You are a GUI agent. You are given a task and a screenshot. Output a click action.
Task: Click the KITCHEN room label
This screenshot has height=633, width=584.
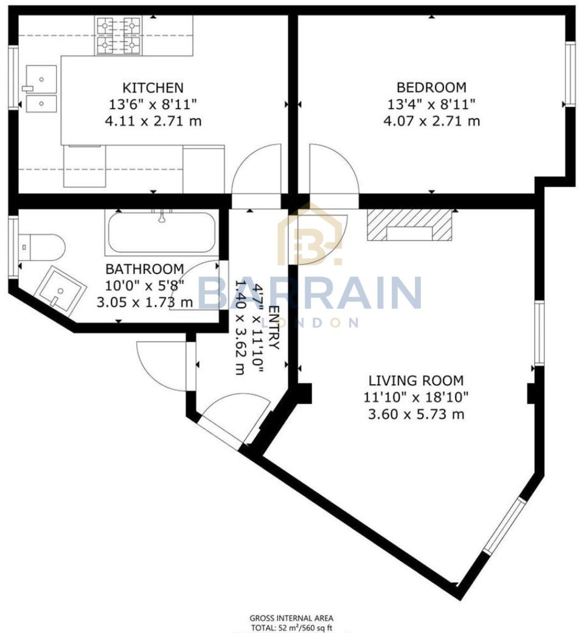click(x=153, y=88)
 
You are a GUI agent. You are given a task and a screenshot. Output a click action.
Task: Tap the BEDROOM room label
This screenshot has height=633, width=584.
click(x=431, y=87)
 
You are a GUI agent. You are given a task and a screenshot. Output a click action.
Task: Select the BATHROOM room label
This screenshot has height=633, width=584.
click(x=144, y=268)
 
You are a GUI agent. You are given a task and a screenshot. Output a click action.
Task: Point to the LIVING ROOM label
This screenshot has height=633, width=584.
click(x=416, y=381)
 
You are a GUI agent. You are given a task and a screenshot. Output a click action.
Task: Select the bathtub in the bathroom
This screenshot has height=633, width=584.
click(x=161, y=232)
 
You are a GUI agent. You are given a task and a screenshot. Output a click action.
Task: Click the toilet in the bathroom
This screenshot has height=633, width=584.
click(x=41, y=247)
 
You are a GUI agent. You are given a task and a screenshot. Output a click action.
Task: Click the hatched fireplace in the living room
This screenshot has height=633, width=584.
click(x=411, y=226)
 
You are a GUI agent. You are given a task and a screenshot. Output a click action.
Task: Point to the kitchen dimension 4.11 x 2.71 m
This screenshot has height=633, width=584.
click(x=153, y=121)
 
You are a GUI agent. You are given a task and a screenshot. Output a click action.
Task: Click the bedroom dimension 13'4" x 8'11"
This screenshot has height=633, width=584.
click(x=431, y=104)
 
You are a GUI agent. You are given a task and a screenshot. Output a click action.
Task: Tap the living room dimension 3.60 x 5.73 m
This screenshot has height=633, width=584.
click(x=416, y=414)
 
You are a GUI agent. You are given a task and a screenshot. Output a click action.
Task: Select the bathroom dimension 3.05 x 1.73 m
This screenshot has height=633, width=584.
click(x=144, y=302)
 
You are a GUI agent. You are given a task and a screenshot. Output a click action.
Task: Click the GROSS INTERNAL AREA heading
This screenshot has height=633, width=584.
click(x=291, y=618)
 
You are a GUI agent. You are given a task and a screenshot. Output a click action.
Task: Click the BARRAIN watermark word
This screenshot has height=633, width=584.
click(x=310, y=293)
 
